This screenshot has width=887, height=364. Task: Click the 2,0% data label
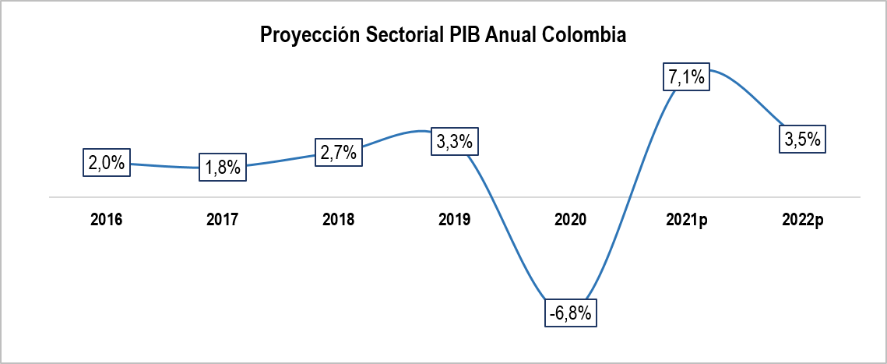click(x=107, y=163)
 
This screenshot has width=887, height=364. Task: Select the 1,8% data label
click(x=223, y=167)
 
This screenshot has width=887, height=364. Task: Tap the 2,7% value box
click(x=339, y=152)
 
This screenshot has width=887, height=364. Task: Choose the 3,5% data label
click(x=802, y=140)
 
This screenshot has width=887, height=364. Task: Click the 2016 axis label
click(x=107, y=221)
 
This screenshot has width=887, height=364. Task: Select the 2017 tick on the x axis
click(x=223, y=221)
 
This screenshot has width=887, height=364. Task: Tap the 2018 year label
click(x=339, y=221)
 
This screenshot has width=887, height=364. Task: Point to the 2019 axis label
click(x=455, y=221)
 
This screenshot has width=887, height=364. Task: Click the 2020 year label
click(x=571, y=221)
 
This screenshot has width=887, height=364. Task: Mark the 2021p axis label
click(x=686, y=221)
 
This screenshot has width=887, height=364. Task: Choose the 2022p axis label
click(x=802, y=221)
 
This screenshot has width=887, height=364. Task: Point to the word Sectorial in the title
click(x=396, y=35)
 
